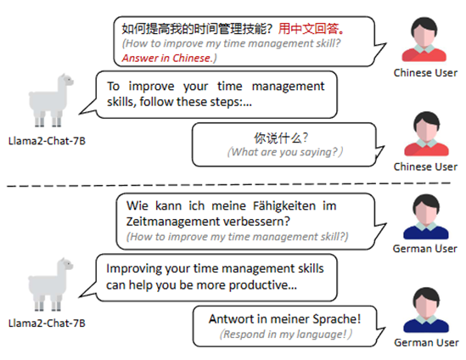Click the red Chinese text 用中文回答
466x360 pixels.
pyautogui.click(x=312, y=29)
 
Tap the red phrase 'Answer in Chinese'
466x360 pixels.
pyautogui.click(x=166, y=58)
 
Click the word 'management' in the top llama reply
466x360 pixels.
pyautogui.click(x=288, y=87)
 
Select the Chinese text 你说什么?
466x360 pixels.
pyautogui.click(x=281, y=138)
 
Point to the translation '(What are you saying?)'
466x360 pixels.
pyautogui.click(x=285, y=152)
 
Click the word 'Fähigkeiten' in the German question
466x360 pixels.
pyautogui.click(x=284, y=205)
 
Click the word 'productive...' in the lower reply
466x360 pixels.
pyautogui.click(x=263, y=285)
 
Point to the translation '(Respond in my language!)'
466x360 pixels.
pyautogui.click(x=286, y=335)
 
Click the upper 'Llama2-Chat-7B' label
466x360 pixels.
pyautogui.click(x=47, y=141)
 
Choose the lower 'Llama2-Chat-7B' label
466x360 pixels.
pyautogui.click(x=47, y=323)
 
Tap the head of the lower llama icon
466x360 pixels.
pyautogui.click(x=65, y=264)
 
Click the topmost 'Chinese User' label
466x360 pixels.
pyautogui.click(x=425, y=73)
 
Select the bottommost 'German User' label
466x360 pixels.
pyautogui.click(x=426, y=343)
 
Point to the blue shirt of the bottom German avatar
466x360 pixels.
pyautogui.click(x=426, y=325)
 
